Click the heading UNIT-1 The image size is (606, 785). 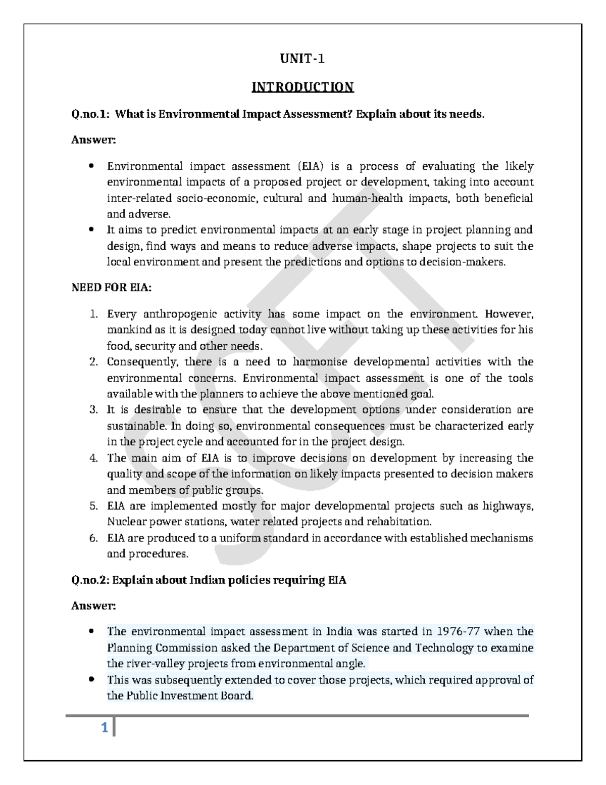click(302, 59)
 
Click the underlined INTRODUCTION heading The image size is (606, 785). click(302, 87)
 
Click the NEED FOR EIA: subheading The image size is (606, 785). click(111, 288)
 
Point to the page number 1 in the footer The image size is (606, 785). click(105, 728)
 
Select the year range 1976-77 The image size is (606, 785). click(460, 631)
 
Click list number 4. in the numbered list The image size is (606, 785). click(93, 458)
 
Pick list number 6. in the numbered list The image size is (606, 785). click(93, 538)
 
